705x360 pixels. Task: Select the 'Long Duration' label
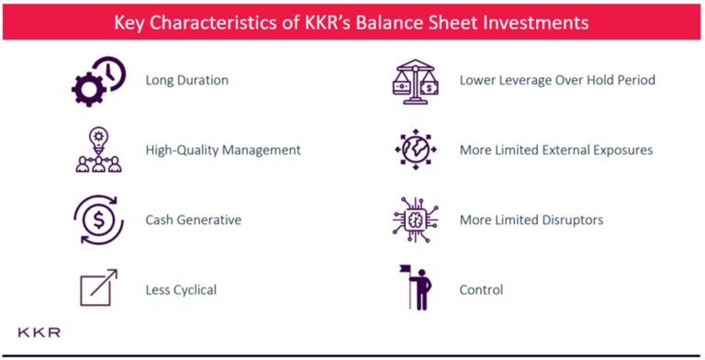click(x=186, y=80)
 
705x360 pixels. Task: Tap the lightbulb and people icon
click(x=97, y=150)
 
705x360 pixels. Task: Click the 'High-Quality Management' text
click(x=223, y=150)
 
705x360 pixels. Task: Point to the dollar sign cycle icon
click(x=97, y=220)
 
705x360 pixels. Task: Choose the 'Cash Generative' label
click(x=194, y=220)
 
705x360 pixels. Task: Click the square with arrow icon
click(x=97, y=288)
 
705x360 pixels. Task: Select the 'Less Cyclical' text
click(x=181, y=290)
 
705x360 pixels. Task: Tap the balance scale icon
click(x=413, y=81)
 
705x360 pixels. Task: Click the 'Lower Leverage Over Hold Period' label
click(x=557, y=80)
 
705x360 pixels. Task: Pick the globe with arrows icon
click(x=413, y=149)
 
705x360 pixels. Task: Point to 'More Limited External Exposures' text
click(x=556, y=150)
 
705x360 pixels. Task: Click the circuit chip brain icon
click(x=413, y=219)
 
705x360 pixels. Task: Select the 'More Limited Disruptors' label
click(x=531, y=220)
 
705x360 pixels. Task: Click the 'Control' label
click(x=481, y=290)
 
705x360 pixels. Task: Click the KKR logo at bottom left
click(x=39, y=332)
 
